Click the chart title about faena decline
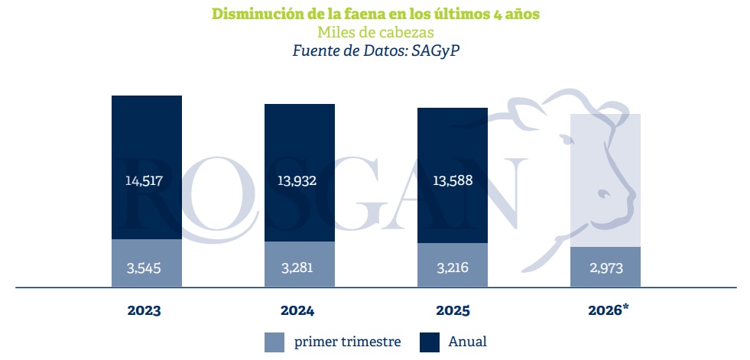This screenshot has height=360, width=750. coord(375,14)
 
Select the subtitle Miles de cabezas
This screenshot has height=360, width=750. coord(375,33)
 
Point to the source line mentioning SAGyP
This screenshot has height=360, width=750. coord(375,50)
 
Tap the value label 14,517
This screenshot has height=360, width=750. coord(146,180)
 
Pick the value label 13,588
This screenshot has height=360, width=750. coord(452,180)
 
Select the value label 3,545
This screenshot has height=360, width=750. coord(146,268)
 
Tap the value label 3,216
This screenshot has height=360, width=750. coord(452,268)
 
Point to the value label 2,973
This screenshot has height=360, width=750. coord(605,269)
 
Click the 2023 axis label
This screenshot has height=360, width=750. coord(145,311)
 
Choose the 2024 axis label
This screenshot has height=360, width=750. coord(298,311)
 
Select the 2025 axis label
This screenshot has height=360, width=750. coord(452,311)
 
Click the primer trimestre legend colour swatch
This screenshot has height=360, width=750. coord(274,342)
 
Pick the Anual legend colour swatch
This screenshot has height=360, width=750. coord(430,342)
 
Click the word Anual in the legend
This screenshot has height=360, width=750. coord(467,342)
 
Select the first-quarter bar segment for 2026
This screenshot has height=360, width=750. coord(605,277)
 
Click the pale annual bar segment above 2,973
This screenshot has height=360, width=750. coord(605,176)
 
